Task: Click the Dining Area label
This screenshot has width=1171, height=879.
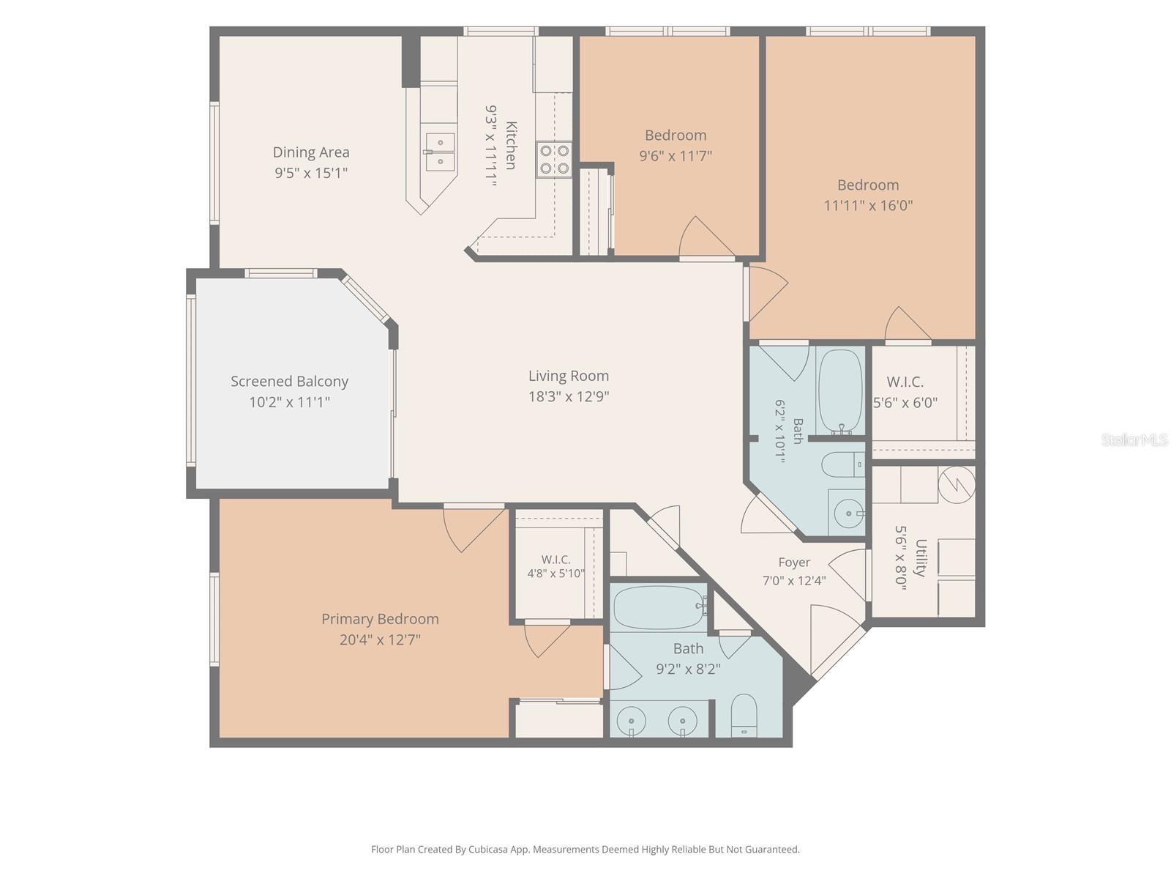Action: (x=311, y=152)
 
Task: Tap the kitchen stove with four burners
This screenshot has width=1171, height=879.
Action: (x=554, y=160)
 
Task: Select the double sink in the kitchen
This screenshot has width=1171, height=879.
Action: (x=440, y=152)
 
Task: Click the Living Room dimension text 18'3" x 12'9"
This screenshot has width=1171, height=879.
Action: (x=569, y=396)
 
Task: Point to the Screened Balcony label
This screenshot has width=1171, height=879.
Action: (x=289, y=382)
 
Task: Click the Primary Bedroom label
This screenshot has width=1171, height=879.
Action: (x=380, y=619)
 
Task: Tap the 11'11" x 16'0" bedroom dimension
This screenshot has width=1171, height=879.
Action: (x=868, y=206)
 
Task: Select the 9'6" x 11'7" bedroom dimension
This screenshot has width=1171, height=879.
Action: (x=676, y=156)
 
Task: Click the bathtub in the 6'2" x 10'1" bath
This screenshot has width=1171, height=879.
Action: (x=840, y=392)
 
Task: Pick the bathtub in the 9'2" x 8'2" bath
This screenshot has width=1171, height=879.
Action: (x=660, y=607)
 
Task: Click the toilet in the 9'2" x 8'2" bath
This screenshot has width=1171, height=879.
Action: (x=744, y=715)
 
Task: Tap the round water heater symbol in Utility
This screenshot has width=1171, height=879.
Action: (x=957, y=485)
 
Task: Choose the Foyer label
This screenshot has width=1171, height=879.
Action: (x=794, y=563)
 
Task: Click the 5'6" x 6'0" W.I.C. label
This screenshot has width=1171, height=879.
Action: (x=905, y=382)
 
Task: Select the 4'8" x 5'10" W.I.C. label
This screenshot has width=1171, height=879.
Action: (x=556, y=560)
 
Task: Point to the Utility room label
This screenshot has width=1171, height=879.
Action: (x=921, y=557)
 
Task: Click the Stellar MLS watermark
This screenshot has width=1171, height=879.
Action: (x=1134, y=439)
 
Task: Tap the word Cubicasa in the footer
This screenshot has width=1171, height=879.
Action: (x=488, y=849)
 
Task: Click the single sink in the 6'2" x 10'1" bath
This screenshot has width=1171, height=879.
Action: (x=848, y=513)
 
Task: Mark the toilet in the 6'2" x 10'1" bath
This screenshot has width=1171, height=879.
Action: (x=843, y=465)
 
